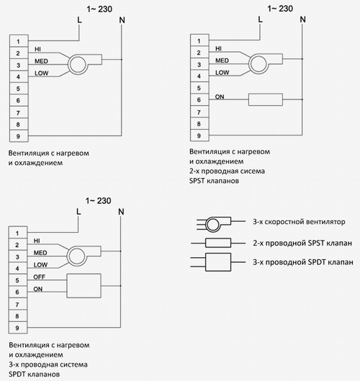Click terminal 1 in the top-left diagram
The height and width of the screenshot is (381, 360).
pyautogui.click(x=19, y=41)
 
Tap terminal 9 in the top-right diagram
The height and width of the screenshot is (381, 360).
pyautogui.click(x=199, y=135)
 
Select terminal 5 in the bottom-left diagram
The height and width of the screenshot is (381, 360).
pyautogui.click(x=18, y=280)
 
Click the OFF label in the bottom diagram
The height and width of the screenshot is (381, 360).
pyautogui.click(x=39, y=277)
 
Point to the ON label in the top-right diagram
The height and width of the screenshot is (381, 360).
pyautogui.click(x=220, y=97)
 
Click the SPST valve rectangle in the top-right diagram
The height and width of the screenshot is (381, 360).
pyautogui.click(x=266, y=99)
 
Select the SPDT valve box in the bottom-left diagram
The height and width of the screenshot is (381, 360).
pyautogui.click(x=84, y=286)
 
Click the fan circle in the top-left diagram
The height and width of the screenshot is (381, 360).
pyautogui.click(x=78, y=64)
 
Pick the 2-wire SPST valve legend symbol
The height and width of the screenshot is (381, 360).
pyautogui.click(x=218, y=243)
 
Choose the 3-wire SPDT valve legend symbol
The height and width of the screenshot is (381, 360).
pyautogui.click(x=218, y=262)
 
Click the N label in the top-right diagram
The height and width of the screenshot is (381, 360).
pyautogui.click(x=302, y=19)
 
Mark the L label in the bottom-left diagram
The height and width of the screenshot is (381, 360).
pyautogui.click(x=78, y=212)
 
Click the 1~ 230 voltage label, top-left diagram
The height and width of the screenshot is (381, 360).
pyautogui.click(x=99, y=9)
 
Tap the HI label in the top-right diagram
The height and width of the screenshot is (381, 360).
pyautogui.click(x=218, y=48)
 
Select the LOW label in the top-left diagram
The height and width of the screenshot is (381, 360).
pyautogui.click(x=42, y=73)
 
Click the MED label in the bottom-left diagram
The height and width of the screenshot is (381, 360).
pyautogui.click(x=40, y=253)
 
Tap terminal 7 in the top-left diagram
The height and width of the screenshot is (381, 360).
pyautogui.click(x=19, y=112)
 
